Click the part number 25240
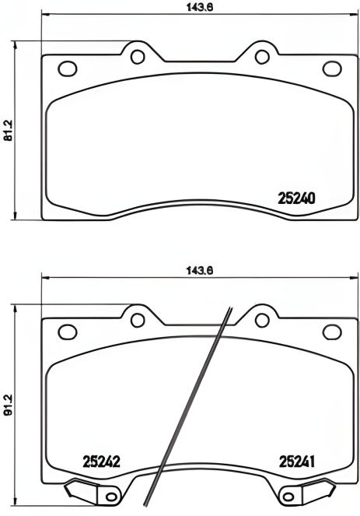click(x=296, y=198)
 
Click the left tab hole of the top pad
click(x=139, y=55)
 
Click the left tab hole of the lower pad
click(x=139, y=318)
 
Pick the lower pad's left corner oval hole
click(x=68, y=330)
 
